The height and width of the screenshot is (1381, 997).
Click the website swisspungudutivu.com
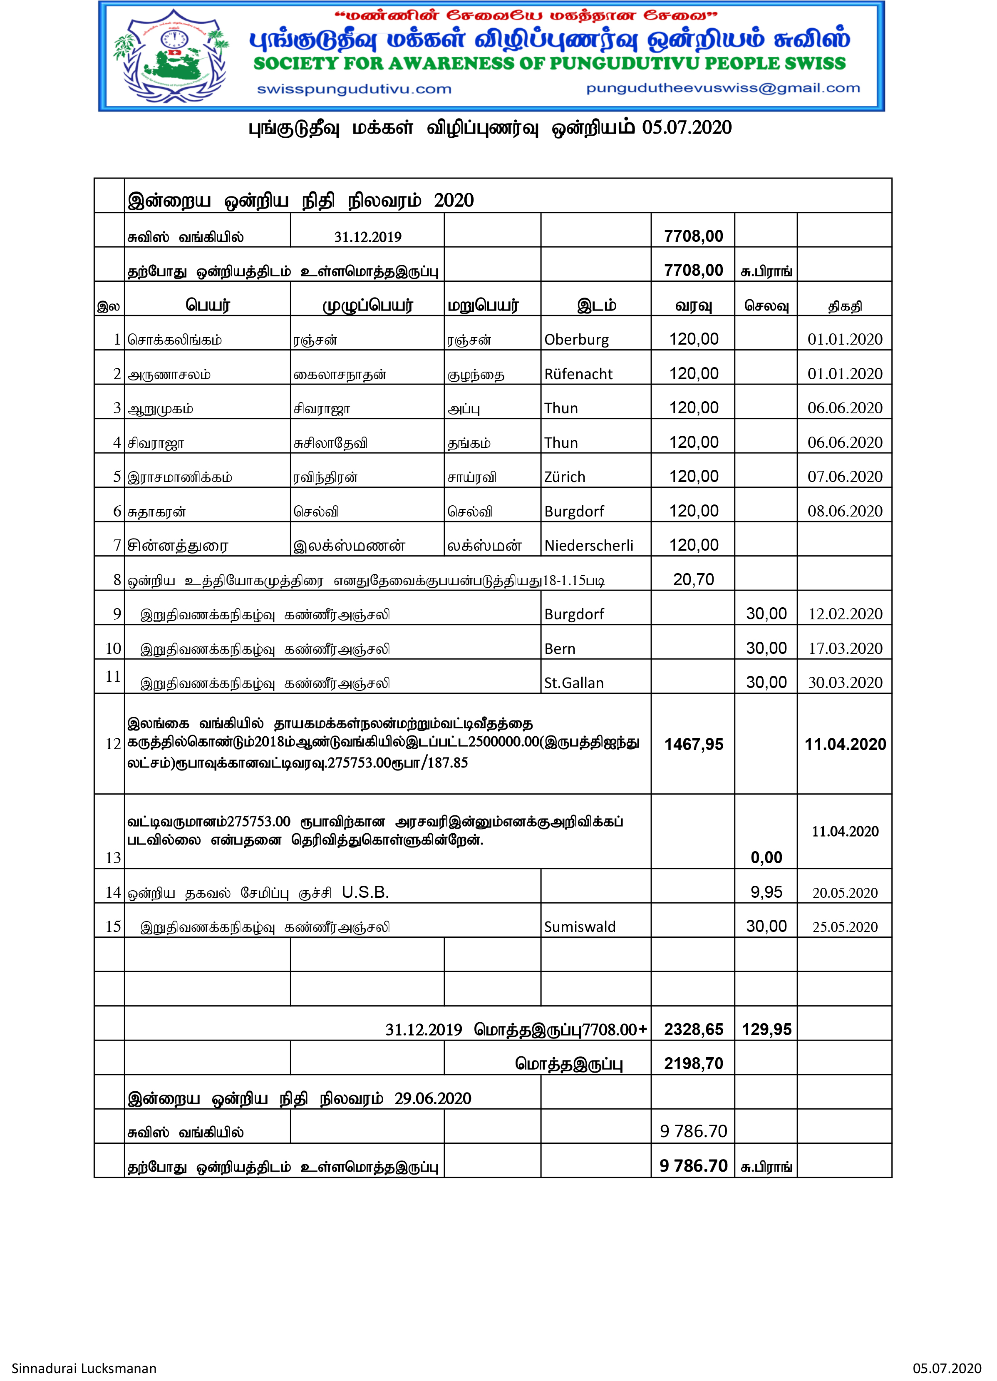[x=354, y=89]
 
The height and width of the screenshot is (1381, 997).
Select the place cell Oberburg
[x=576, y=339]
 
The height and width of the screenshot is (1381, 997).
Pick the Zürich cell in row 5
[x=564, y=477]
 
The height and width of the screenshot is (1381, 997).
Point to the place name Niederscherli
[x=588, y=546]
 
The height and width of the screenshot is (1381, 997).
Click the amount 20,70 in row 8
[x=693, y=580]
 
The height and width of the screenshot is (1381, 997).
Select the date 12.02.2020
[x=844, y=614]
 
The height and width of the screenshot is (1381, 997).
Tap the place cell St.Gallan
[x=573, y=683]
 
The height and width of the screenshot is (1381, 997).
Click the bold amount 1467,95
[x=693, y=744]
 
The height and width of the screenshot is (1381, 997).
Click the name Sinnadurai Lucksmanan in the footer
[x=84, y=1368]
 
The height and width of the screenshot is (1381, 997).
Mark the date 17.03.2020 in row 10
[x=844, y=648]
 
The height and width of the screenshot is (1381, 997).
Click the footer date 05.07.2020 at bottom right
[x=947, y=1368]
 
